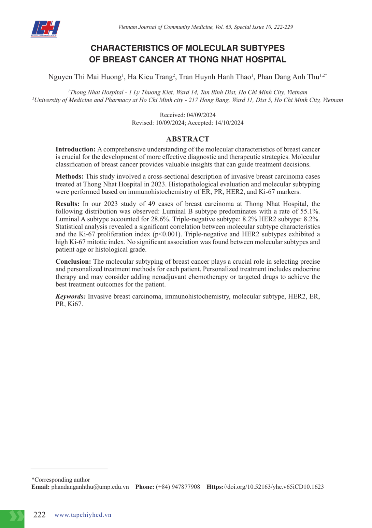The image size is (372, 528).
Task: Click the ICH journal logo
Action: pyautogui.click(x=45, y=29)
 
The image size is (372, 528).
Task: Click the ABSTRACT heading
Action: pyautogui.click(x=187, y=139)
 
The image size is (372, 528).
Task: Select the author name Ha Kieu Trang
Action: pyautogui.click(x=150, y=77)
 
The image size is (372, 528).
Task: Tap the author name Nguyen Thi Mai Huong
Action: pyautogui.click(x=85, y=77)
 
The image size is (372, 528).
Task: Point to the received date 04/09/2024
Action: pyautogui.click(x=201, y=115)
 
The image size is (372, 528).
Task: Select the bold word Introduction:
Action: pyautogui.click(x=75, y=149)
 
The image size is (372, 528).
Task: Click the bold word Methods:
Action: pyautogui.click(x=70, y=177)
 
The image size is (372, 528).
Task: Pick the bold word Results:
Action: pyautogui.click(x=68, y=204)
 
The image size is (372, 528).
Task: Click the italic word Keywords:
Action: pyautogui.click(x=71, y=296)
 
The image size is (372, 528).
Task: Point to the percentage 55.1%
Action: pyautogui.click(x=310, y=211)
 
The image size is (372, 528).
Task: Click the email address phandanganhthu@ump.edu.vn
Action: pyautogui.click(x=90, y=487)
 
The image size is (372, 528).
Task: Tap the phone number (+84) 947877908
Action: pyautogui.click(x=178, y=487)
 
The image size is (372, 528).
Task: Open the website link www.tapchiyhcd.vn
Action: pyautogui.click(x=83, y=515)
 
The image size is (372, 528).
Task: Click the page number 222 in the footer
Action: pyautogui.click(x=39, y=515)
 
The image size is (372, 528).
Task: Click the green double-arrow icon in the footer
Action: pyautogui.click(x=16, y=516)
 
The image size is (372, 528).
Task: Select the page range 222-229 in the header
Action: pyautogui.click(x=283, y=27)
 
